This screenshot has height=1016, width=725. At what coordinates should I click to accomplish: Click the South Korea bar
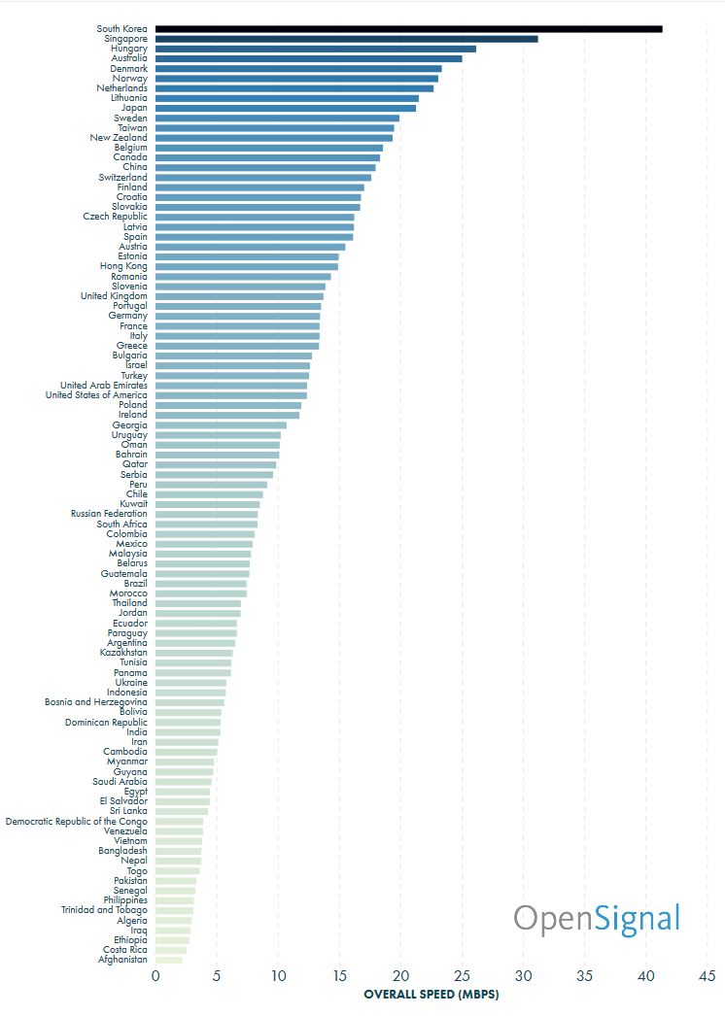pyautogui.click(x=408, y=29)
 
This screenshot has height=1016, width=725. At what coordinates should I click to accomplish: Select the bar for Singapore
pyautogui.click(x=346, y=39)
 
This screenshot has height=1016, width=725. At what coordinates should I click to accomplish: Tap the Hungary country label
pyautogui.click(x=129, y=49)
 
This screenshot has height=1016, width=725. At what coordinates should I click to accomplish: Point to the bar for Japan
pyautogui.click(x=286, y=108)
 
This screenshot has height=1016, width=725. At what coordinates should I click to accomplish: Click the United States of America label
pyautogui.click(x=97, y=395)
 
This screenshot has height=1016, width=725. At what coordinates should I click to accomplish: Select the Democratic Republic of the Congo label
pyautogui.click(x=77, y=822)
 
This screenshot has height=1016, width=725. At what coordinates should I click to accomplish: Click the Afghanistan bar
pyautogui.click(x=169, y=960)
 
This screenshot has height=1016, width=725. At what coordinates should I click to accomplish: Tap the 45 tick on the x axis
pyautogui.click(x=708, y=976)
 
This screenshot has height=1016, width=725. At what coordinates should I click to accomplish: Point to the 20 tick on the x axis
pyautogui.click(x=400, y=976)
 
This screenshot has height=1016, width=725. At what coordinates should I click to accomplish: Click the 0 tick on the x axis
pyautogui.click(x=155, y=976)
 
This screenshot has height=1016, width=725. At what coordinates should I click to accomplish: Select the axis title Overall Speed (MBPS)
pyautogui.click(x=431, y=995)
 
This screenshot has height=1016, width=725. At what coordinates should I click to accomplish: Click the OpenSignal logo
pyautogui.click(x=597, y=918)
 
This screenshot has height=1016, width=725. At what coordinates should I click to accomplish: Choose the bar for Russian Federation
pyautogui.click(x=207, y=514)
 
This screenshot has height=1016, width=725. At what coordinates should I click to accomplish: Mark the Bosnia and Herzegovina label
pyautogui.click(x=96, y=702)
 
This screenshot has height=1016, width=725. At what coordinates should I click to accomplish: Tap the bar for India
pyautogui.click(x=188, y=732)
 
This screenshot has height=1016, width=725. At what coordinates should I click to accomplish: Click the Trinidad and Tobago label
pyautogui.click(x=104, y=910)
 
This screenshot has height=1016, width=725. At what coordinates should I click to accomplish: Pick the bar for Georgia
pyautogui.click(x=221, y=425)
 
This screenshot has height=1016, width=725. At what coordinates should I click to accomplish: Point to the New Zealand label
pyautogui.click(x=119, y=138)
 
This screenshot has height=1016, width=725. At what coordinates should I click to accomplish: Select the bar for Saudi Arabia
pyautogui.click(x=184, y=782)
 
